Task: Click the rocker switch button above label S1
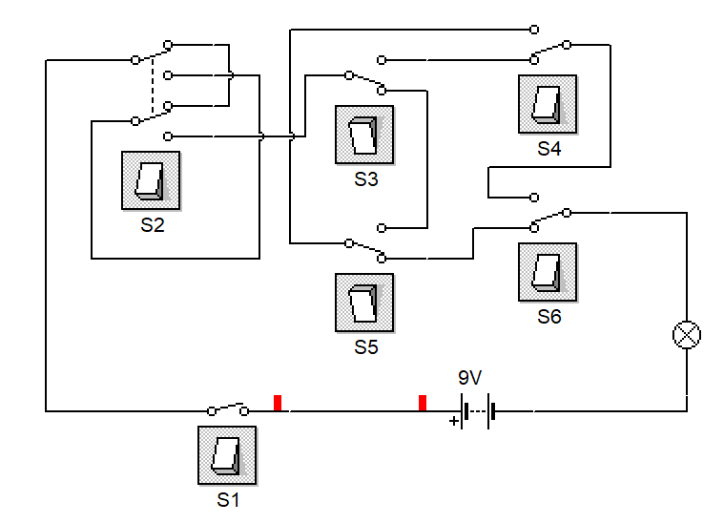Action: pyautogui.click(x=227, y=455)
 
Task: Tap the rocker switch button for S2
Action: pyautogui.click(x=151, y=180)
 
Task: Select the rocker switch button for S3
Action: pyautogui.click(x=364, y=135)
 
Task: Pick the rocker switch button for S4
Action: pyautogui.click(x=548, y=104)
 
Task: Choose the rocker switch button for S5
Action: pyautogui.click(x=364, y=303)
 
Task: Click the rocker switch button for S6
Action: pyautogui.click(x=548, y=272)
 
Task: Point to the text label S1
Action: pyautogui.click(x=228, y=500)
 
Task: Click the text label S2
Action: pyautogui.click(x=153, y=225)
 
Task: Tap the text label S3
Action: pyautogui.click(x=366, y=179)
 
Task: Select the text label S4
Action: pyautogui.click(x=549, y=149)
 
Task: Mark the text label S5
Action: pyautogui.click(x=366, y=347)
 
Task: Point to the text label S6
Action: pyautogui.click(x=549, y=317)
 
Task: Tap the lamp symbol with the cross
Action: pyautogui.click(x=687, y=335)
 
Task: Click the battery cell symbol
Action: pyautogui.click(x=475, y=411)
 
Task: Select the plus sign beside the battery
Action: pyautogui.click(x=453, y=420)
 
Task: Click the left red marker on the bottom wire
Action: pyautogui.click(x=278, y=403)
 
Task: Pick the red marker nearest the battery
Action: pyautogui.click(x=422, y=403)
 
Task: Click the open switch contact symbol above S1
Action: pyautogui.click(x=228, y=408)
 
